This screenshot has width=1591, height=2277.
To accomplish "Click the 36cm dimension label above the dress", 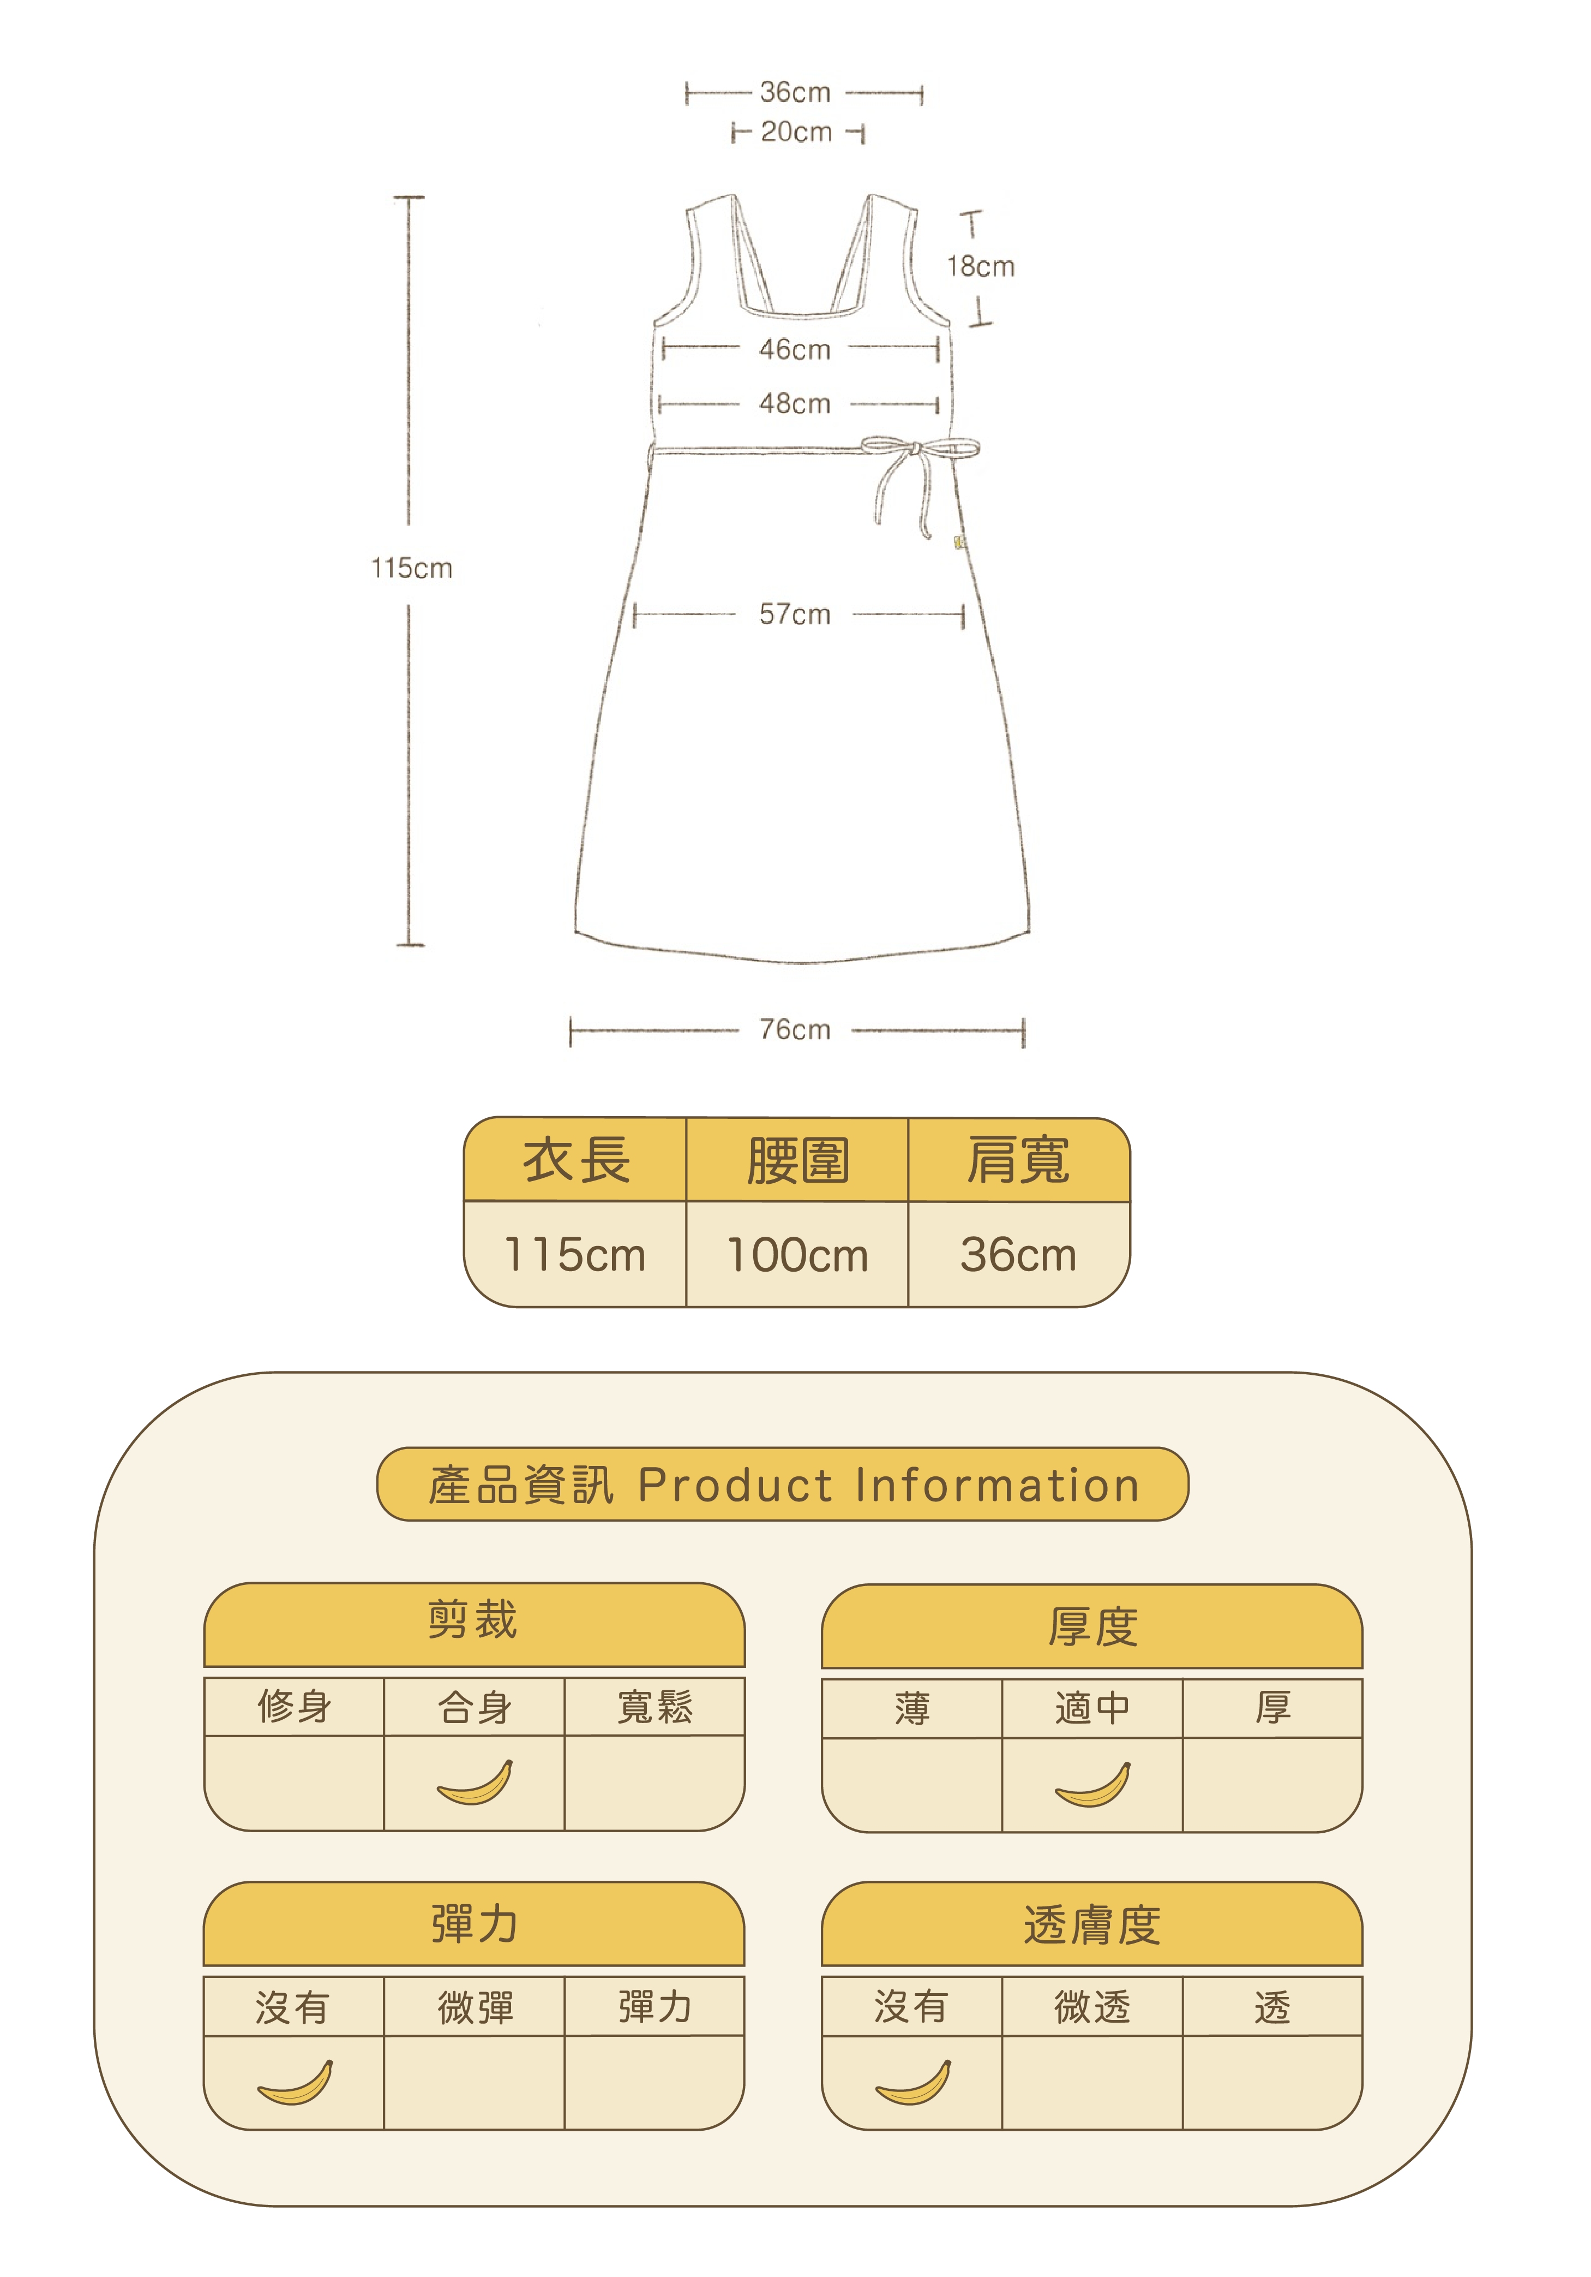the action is pos(795,92).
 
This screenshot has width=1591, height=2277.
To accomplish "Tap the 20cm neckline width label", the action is pos(796,132).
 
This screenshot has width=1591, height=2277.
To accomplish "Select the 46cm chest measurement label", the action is pos(795,349).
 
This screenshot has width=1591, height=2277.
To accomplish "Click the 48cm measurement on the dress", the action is pos(795,404).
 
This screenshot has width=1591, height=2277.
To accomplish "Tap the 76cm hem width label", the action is pos(795,1029).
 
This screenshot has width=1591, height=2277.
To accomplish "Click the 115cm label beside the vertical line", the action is pos(411,568).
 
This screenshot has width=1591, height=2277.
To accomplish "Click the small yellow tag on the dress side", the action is pos(958,541).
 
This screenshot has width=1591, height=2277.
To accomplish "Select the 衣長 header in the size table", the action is pos(576,1160).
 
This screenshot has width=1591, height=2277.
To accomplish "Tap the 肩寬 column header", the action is pos(1018,1160).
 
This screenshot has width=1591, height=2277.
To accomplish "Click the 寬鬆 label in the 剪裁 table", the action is pos(655,1707).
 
